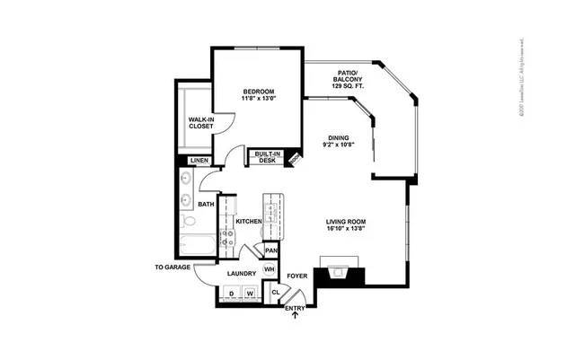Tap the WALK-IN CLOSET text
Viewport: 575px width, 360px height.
(200, 123)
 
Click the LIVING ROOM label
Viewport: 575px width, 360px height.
(346, 225)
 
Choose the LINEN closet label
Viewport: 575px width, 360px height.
(199, 161)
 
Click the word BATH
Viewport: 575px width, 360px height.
(206, 205)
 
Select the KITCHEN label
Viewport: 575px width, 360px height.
(249, 221)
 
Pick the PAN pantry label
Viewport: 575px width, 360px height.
(270, 250)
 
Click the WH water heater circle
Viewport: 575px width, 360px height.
(269, 271)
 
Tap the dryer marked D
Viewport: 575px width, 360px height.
(231, 294)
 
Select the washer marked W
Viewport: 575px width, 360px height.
(252, 294)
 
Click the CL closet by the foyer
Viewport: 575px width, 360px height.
(275, 292)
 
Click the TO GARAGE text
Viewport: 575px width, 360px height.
(172, 268)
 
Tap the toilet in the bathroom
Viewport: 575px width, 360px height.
(185, 221)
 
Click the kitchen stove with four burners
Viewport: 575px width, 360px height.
(227, 238)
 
